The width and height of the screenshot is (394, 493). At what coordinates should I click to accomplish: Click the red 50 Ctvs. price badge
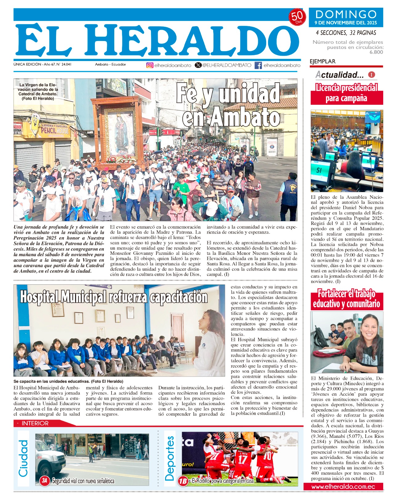coord(297,18)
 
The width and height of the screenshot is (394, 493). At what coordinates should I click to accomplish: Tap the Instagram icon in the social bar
coord(150,65)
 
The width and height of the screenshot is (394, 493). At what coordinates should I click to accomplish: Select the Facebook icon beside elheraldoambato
coord(258,65)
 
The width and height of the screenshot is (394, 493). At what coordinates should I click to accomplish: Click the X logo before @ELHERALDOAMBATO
coord(198,65)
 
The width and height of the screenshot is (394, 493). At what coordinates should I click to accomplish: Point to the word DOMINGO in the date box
coord(346,14)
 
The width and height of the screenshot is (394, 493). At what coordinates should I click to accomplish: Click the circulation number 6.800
coord(376,52)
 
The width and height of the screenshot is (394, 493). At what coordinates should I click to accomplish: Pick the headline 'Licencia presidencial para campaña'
coord(347,93)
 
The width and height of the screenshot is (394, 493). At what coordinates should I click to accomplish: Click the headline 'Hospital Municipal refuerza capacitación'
coord(114,297)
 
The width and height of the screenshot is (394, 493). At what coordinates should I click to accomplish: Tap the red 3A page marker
coord(45,480)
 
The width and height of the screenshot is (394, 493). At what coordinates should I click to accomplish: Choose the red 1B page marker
coord(183,481)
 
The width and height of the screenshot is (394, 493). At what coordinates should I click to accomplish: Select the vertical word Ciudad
coord(23,458)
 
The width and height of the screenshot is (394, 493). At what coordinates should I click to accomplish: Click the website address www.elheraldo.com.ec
coord(343,487)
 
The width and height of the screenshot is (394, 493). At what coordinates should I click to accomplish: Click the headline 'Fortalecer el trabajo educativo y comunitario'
coord(347,299)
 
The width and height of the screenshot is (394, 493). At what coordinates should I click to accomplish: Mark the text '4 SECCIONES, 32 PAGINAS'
coord(346,33)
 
